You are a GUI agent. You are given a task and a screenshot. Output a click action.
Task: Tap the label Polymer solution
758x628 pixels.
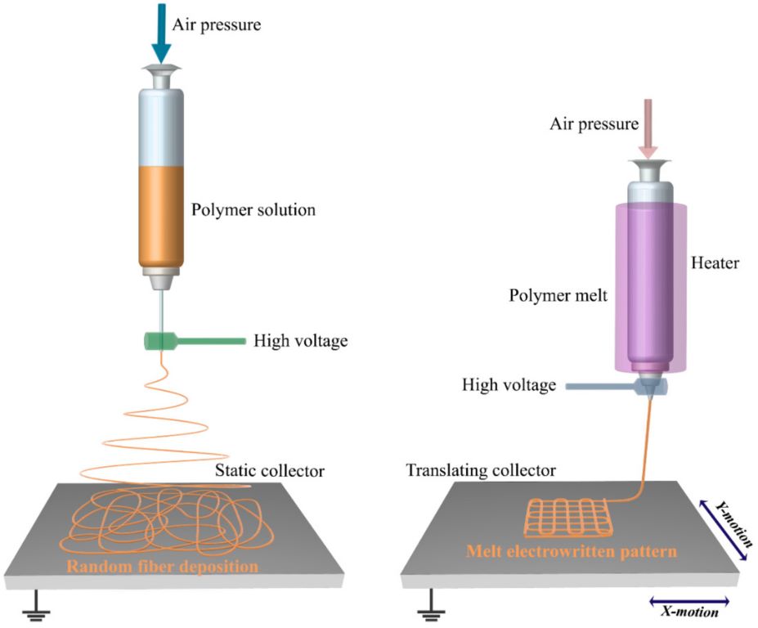253,209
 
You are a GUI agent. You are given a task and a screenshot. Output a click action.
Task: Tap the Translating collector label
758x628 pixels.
481,471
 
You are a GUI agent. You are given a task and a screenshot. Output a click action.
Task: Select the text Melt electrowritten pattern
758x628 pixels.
571,551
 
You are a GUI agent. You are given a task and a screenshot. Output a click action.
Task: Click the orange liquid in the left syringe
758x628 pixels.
162,216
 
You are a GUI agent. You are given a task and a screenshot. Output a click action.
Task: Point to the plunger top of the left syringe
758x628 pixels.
162,73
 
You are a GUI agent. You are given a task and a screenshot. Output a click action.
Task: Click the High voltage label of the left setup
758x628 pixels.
300,340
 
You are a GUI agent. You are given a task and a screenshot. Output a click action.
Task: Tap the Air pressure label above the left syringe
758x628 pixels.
223,25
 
